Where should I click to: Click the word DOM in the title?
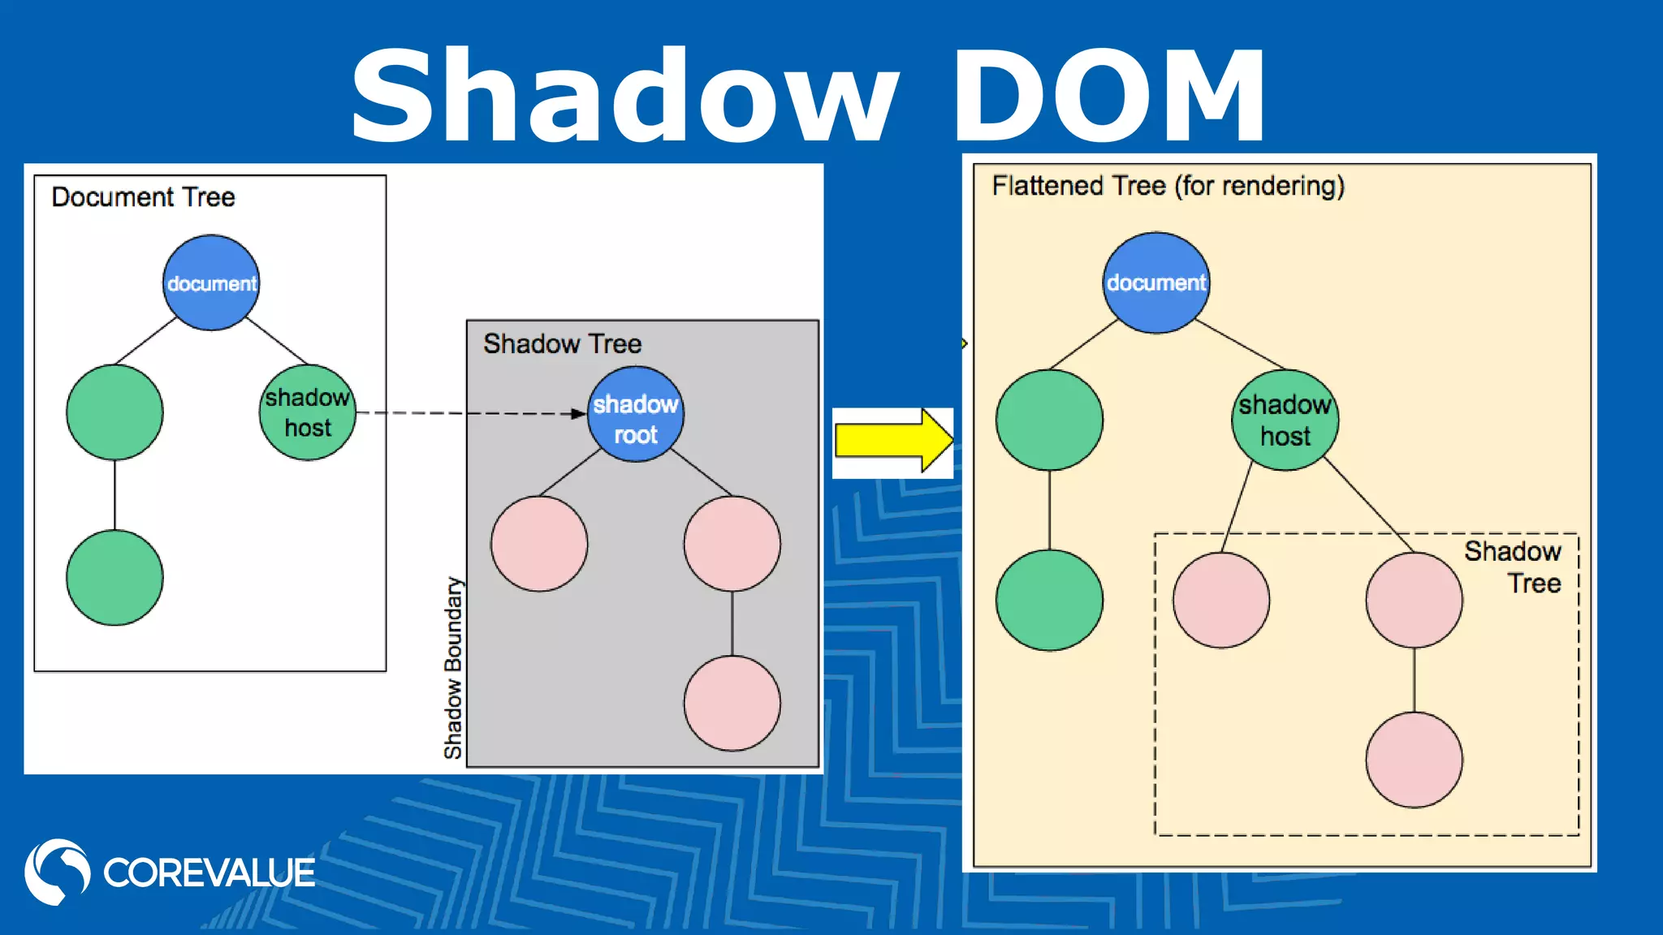pos(1108,96)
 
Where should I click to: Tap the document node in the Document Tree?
pos(211,282)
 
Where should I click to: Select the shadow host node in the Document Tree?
pos(308,412)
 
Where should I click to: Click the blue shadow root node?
pos(636,415)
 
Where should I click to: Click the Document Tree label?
pos(143,197)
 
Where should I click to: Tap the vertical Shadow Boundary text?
pos(453,667)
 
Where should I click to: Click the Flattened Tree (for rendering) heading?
pos(1168,186)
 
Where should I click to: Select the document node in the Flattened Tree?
pos(1155,282)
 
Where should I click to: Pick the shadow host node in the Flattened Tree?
pos(1285,420)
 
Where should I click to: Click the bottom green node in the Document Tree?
pos(114,577)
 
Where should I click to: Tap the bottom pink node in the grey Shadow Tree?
pos(732,703)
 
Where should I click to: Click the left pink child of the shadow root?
pos(539,543)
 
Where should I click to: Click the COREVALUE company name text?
pos(209,873)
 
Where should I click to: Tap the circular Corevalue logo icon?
pos(57,872)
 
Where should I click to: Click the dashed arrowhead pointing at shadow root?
pos(578,414)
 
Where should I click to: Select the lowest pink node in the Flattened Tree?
pos(1414,760)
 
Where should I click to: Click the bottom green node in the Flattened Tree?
pos(1049,600)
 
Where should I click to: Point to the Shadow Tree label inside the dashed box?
pos(1514,567)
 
